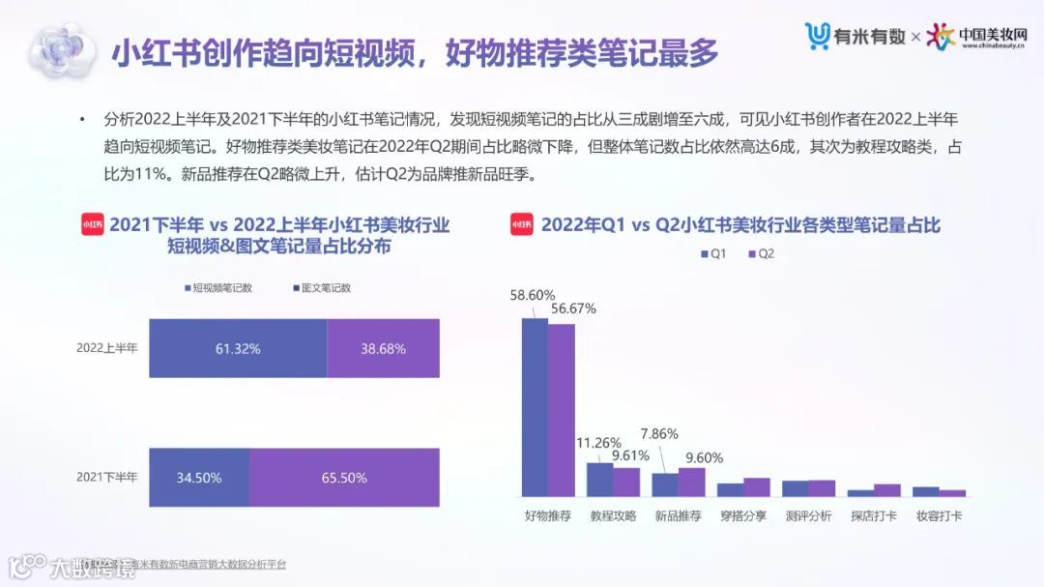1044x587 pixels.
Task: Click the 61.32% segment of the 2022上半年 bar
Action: coord(238,348)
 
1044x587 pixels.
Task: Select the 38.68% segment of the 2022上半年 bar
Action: coord(383,348)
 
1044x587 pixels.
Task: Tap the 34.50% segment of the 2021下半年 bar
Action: coord(198,478)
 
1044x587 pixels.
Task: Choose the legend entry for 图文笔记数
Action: coord(321,288)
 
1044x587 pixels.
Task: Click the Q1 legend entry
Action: coord(712,253)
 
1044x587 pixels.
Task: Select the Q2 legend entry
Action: coord(760,253)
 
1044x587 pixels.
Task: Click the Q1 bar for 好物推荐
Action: coord(535,407)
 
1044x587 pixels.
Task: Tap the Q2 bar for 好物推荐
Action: coord(561,410)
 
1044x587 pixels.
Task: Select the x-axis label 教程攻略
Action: coord(613,515)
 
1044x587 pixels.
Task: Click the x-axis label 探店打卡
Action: coord(873,515)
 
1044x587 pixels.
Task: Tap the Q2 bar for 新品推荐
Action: coord(691,482)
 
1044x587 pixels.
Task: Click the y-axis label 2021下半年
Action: coord(107,478)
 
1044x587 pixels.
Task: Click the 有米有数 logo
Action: coord(855,36)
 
